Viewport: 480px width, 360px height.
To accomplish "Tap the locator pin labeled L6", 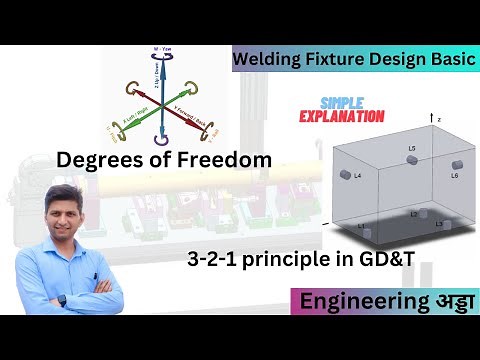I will (457, 164).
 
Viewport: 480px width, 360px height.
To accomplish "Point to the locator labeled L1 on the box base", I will (364, 231).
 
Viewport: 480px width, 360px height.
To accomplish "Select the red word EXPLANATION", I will (342, 116).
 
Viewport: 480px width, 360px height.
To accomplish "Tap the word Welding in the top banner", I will (266, 59).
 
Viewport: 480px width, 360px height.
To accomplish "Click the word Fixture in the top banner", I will (335, 59).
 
